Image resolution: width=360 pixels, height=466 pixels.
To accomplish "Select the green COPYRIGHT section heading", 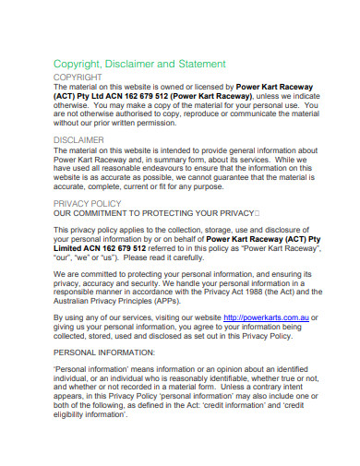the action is pos(78,78).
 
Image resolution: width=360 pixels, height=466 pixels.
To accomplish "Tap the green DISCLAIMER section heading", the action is pos(79,140).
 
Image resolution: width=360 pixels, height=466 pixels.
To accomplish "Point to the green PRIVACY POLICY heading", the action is pos(88,202).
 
